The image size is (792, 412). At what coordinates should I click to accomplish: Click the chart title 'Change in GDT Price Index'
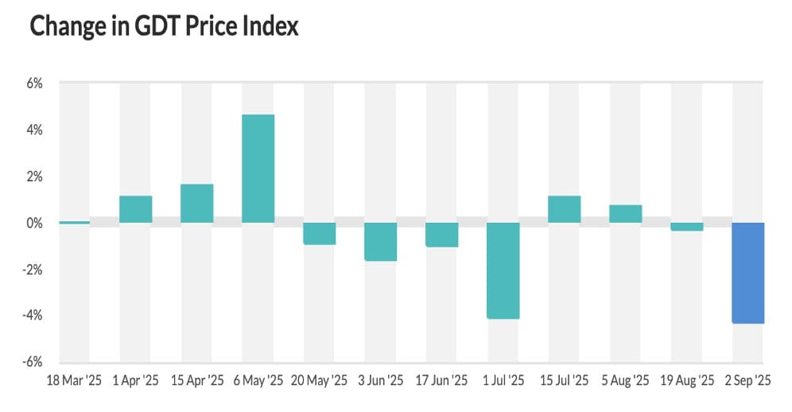coord(164,26)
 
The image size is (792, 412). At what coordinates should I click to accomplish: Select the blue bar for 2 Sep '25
coord(748,273)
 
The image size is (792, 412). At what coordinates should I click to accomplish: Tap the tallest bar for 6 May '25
coord(258,169)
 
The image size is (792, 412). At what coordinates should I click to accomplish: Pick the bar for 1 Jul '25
coord(503,270)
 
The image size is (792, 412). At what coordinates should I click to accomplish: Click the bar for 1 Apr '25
coord(136,209)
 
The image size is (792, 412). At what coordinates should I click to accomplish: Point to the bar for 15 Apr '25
coord(197,204)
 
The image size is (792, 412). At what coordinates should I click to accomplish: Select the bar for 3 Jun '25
coord(381,242)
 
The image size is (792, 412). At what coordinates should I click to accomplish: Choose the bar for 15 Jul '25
coord(565,209)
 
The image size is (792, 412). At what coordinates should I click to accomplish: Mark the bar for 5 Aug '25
coord(626,214)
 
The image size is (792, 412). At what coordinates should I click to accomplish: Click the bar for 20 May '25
coord(320,234)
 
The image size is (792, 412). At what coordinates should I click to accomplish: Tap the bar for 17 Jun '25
coord(442,235)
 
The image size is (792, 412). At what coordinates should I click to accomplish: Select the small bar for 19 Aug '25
coord(687,227)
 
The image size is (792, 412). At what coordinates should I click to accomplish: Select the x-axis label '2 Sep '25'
coord(749,381)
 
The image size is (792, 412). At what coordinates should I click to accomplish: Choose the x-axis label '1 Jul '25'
coord(503,381)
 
